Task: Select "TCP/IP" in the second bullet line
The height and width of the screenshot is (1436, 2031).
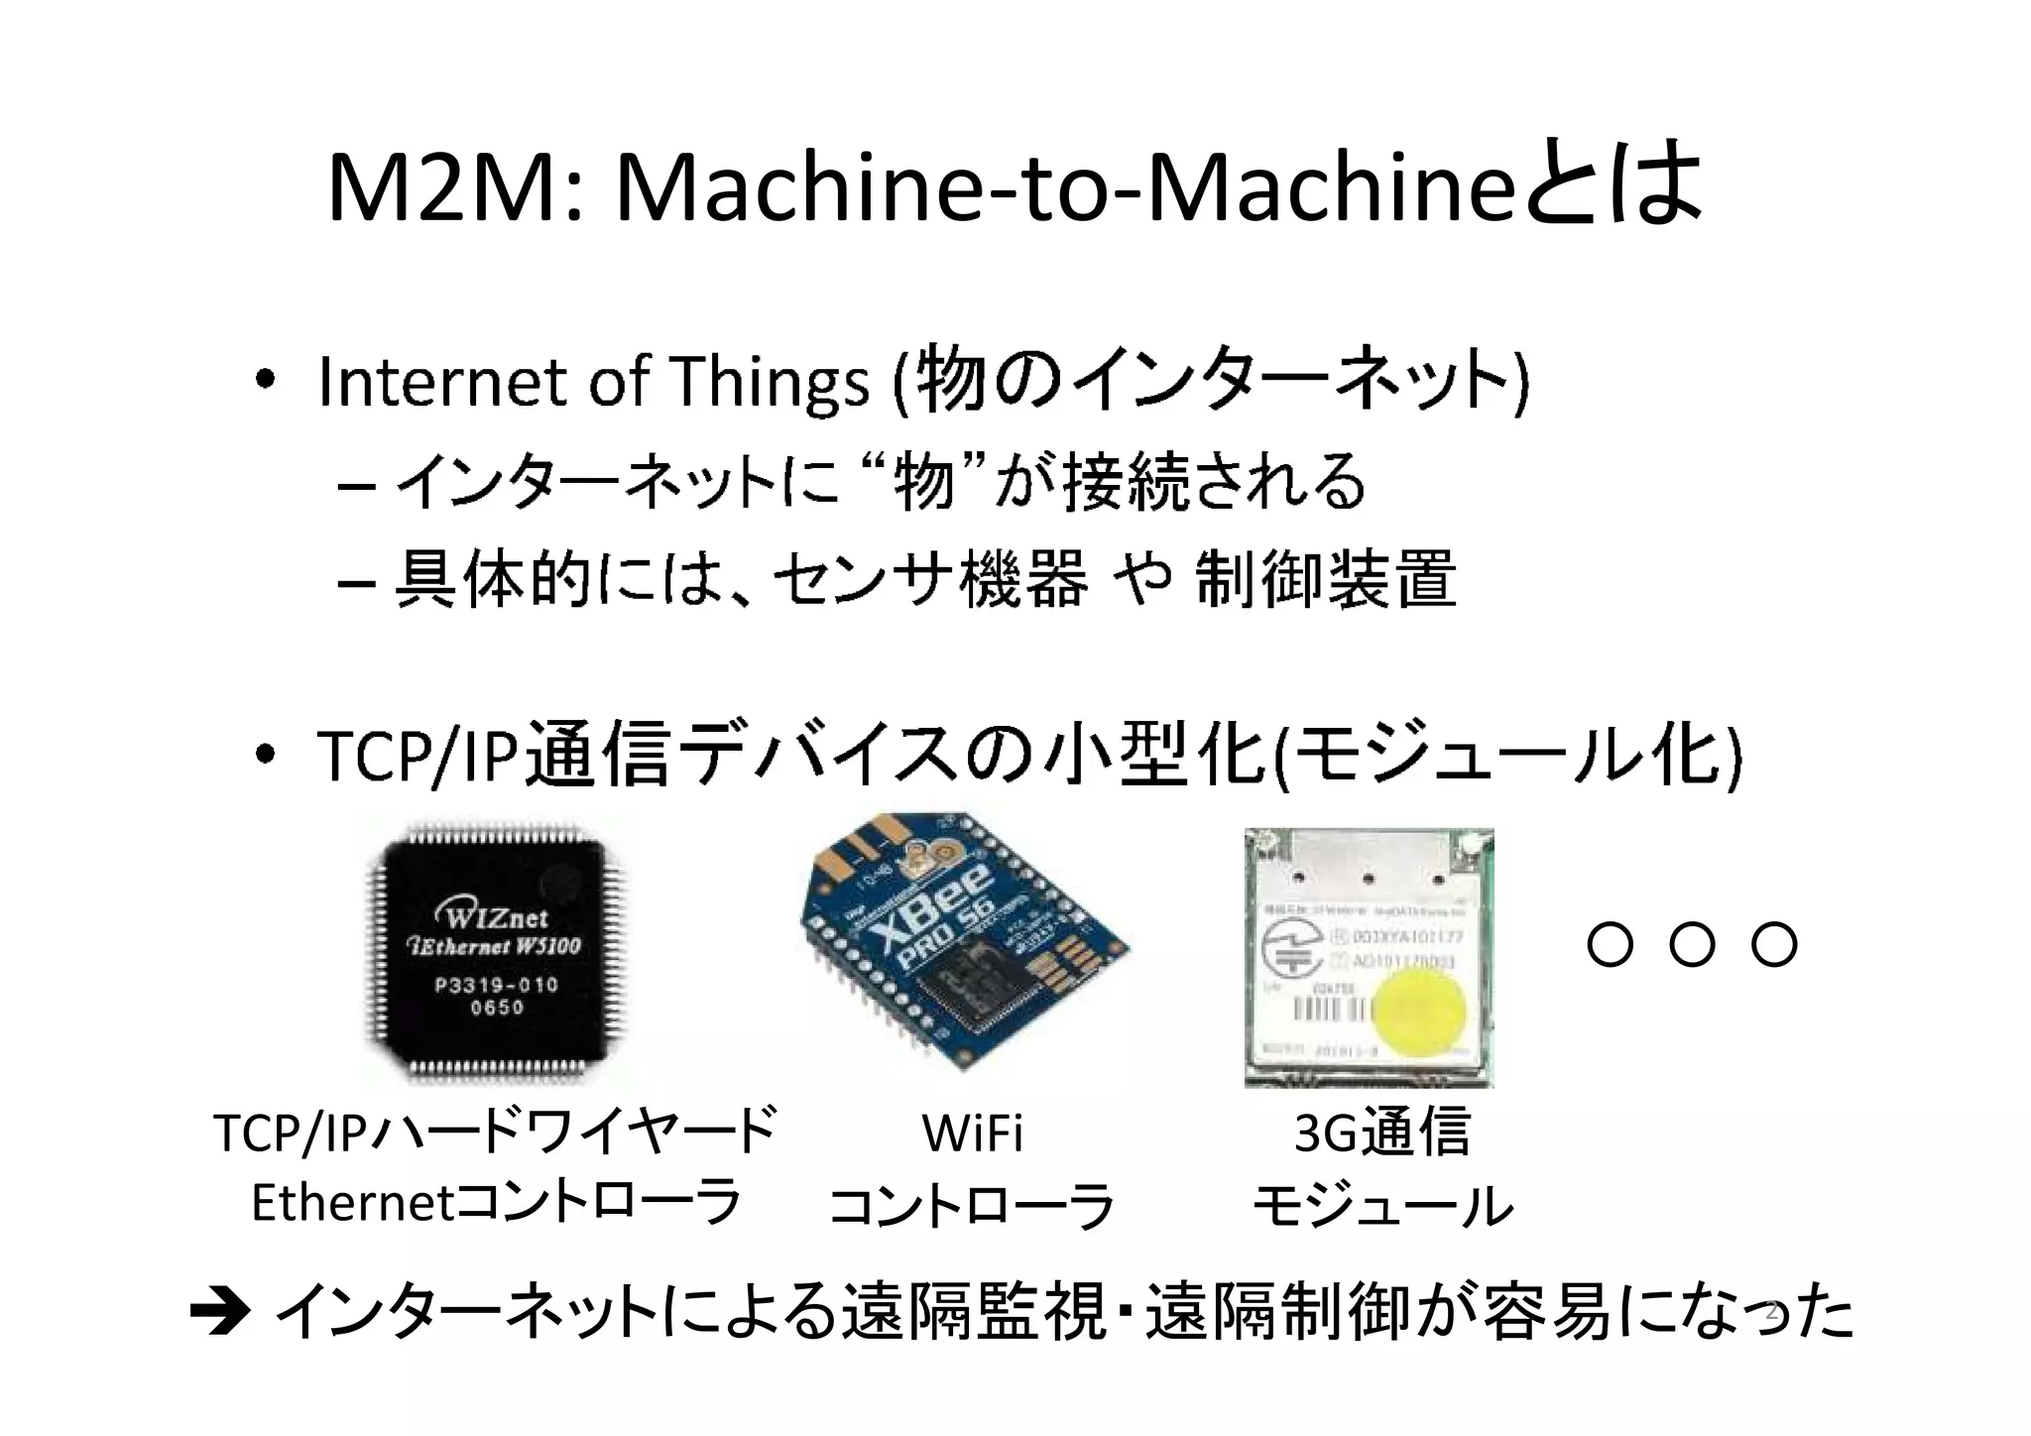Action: [418, 756]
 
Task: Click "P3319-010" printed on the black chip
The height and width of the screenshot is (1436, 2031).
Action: [496, 985]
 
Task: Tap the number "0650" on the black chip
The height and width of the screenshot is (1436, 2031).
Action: [497, 1008]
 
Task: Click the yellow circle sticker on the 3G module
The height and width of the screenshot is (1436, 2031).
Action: [1417, 1013]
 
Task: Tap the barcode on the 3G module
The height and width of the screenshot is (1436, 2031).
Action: [1327, 1010]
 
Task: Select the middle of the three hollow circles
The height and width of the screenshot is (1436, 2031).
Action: [1692, 944]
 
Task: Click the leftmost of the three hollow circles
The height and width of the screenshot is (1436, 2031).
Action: [1610, 944]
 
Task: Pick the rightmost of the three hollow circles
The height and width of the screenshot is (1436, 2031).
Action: [1774, 944]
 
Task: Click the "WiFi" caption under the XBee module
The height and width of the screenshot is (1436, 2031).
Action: [972, 1134]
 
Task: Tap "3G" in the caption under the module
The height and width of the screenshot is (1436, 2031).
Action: [1323, 1134]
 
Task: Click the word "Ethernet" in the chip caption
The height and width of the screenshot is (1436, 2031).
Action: [352, 1203]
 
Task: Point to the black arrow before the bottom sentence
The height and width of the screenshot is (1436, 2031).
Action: [219, 1315]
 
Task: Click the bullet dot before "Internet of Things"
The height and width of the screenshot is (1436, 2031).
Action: [264, 381]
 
